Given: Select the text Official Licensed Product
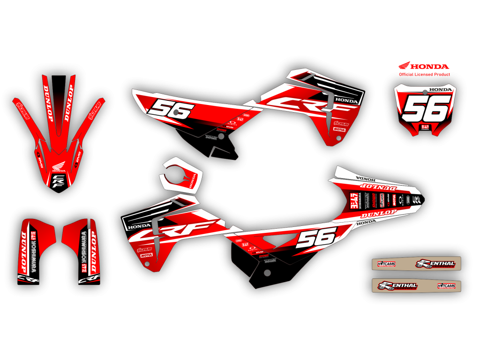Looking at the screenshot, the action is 424,75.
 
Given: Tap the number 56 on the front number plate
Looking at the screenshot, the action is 426,109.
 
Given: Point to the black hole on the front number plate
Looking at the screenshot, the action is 425,90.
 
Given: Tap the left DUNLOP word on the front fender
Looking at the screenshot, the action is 47,104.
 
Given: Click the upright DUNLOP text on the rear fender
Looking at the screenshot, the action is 379,213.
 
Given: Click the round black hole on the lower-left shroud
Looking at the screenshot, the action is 147,267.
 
